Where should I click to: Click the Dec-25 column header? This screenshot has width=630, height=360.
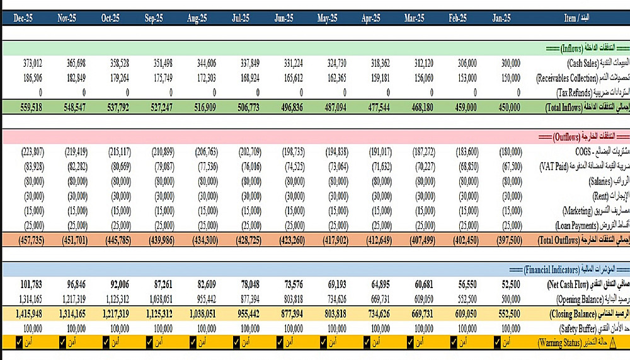tap(23, 19)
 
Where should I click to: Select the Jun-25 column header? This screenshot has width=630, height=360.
tap(284, 19)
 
